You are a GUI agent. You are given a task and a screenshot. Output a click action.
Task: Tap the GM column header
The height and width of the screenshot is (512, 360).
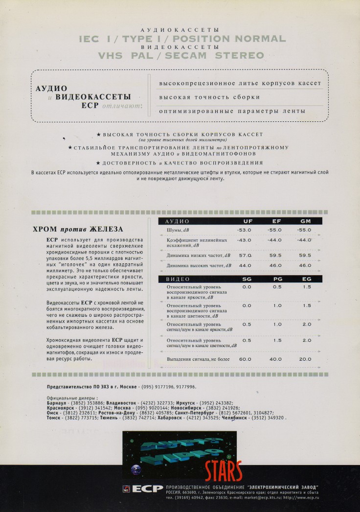[306, 221]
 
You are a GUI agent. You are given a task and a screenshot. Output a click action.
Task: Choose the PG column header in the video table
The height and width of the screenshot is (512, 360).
[277, 279]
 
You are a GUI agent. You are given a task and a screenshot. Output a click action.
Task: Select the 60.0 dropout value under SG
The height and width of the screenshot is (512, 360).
[245, 359]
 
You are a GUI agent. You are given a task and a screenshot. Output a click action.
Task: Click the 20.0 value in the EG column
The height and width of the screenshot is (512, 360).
[305, 359]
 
